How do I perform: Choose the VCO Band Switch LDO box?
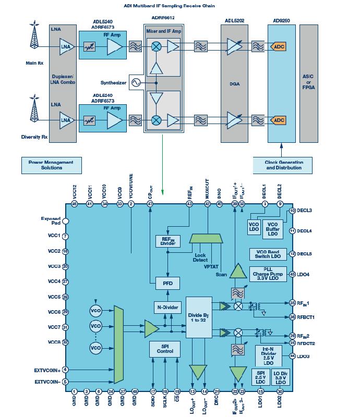click(x=269, y=253)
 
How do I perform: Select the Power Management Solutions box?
click(x=52, y=165)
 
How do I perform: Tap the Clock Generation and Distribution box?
click(x=284, y=165)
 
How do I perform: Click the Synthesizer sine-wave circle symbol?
click(x=138, y=82)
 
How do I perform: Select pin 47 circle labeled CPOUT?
click(x=150, y=204)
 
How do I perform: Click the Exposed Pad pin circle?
click(x=65, y=221)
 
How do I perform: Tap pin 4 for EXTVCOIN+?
click(x=65, y=370)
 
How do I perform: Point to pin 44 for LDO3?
click(x=293, y=356)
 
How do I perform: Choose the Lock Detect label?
click(x=200, y=257)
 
